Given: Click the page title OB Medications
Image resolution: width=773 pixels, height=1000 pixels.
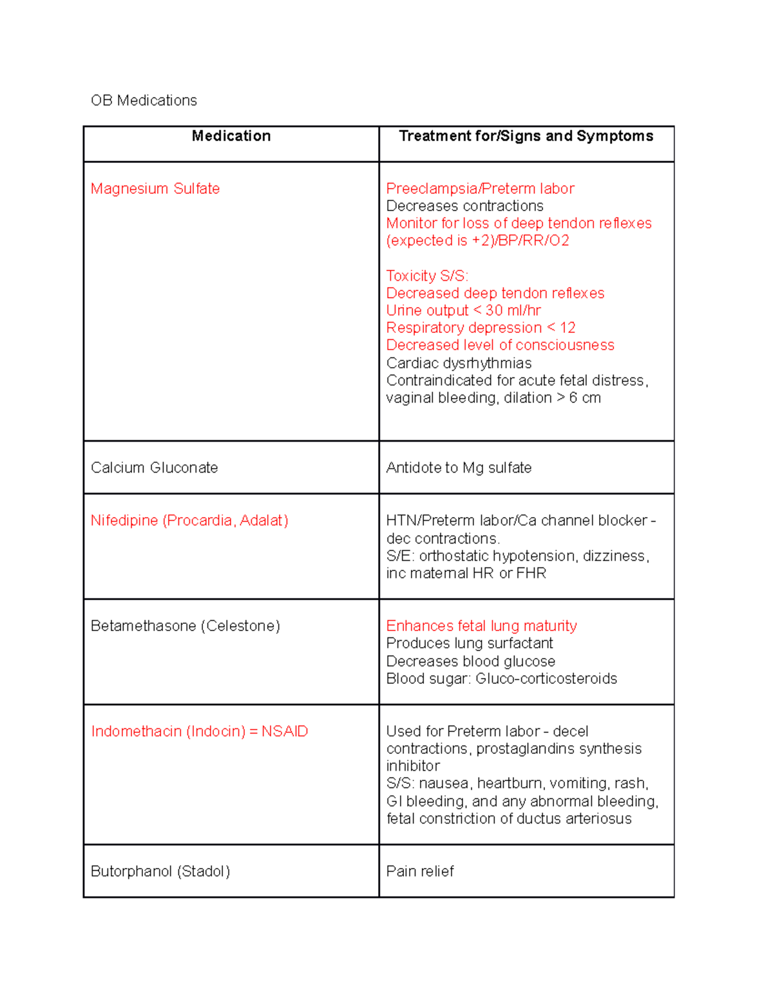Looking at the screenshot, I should (144, 100).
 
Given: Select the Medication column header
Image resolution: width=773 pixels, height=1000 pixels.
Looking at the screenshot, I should (231, 136).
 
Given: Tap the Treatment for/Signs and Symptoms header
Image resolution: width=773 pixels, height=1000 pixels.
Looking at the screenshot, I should (526, 136).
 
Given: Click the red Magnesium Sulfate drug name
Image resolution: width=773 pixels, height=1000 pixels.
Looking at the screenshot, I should (155, 189).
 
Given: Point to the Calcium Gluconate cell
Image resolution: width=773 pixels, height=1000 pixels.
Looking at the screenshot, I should (154, 467).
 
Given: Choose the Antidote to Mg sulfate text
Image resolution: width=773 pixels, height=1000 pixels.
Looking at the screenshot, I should (459, 467).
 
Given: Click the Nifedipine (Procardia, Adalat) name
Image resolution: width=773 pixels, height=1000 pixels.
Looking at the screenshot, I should (189, 520).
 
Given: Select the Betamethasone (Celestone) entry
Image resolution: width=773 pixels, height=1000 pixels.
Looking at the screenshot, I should (186, 626).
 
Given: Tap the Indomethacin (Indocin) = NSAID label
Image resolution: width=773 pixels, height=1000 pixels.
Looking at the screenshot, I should (200, 731).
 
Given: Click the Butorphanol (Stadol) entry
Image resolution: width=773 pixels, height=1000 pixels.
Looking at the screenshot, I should (160, 871).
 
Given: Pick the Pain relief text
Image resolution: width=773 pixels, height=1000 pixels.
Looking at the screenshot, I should (420, 871).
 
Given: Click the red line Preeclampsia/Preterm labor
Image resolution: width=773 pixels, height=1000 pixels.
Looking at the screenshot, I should (480, 189).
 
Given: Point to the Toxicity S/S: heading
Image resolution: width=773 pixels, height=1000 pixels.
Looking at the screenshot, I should (427, 276).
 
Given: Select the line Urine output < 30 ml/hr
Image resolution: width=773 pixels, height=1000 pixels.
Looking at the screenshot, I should (463, 310).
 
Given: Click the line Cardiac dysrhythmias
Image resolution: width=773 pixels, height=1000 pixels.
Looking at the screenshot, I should (459, 363).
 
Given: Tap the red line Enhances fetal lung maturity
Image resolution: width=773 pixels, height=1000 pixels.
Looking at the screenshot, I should (481, 626).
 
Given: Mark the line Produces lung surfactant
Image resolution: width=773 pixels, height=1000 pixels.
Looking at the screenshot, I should (470, 643).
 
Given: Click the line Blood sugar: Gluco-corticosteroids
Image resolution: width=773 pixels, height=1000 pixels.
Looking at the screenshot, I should (501, 679).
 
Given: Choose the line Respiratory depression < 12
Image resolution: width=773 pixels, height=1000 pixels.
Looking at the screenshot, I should (481, 328).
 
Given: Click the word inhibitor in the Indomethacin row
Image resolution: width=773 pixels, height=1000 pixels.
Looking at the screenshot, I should (413, 766).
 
